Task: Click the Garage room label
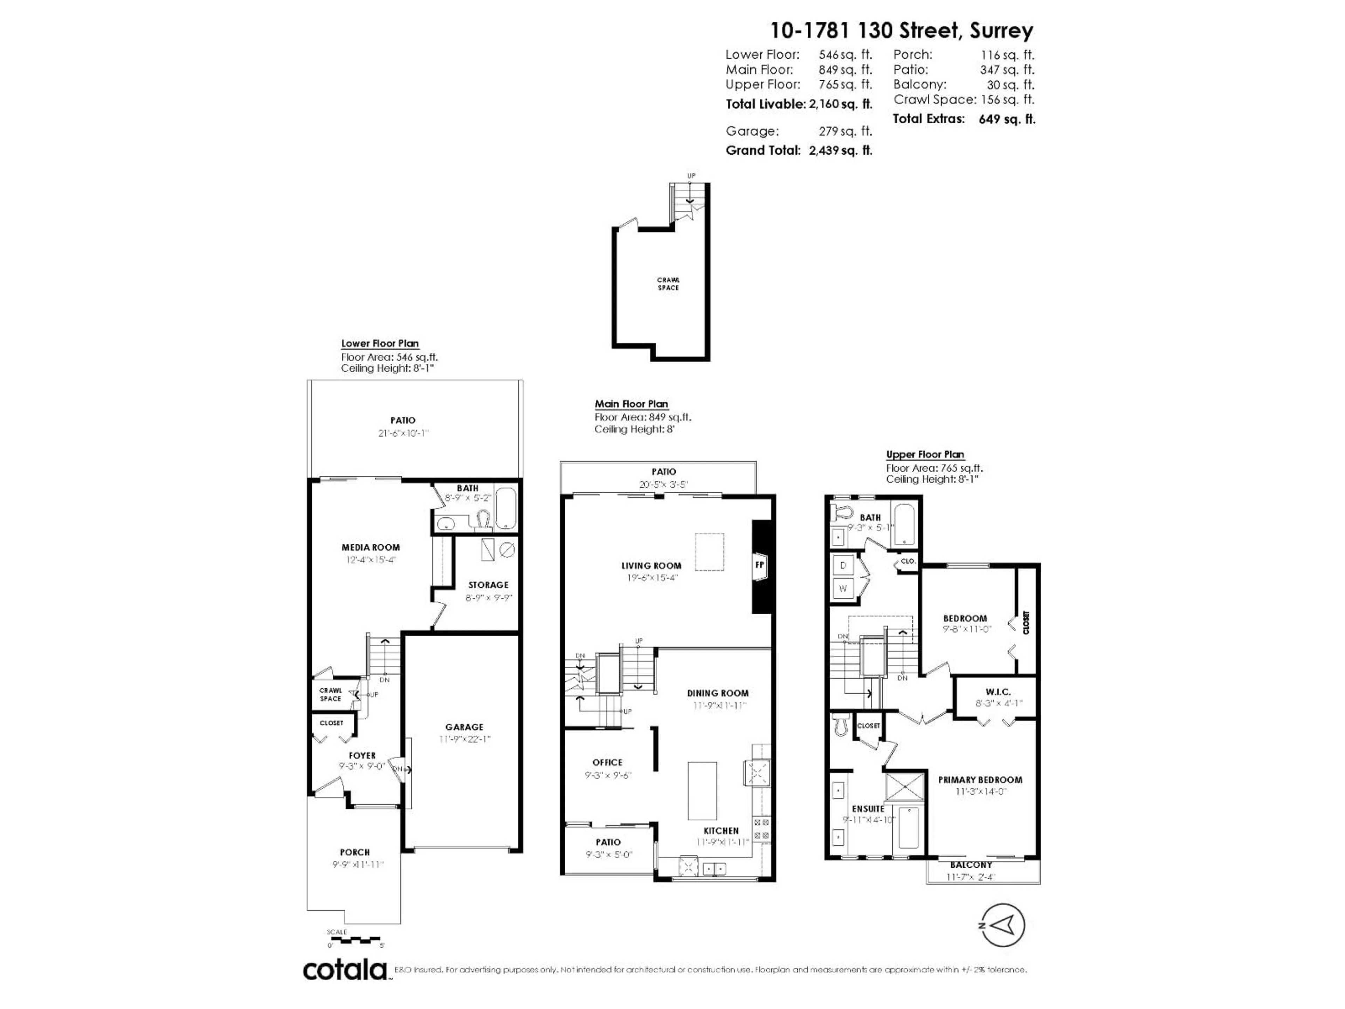pos(464,727)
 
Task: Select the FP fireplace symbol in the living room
pos(759,565)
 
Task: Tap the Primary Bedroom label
pos(980,780)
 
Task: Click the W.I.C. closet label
pos(998,692)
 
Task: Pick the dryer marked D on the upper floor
pos(843,565)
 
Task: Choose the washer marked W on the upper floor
pos(843,588)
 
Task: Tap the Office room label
pos(607,762)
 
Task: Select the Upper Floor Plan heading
pos(924,454)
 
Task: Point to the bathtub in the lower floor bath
pos(506,508)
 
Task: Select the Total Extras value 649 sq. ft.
pos(1006,119)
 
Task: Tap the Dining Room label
pos(717,693)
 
